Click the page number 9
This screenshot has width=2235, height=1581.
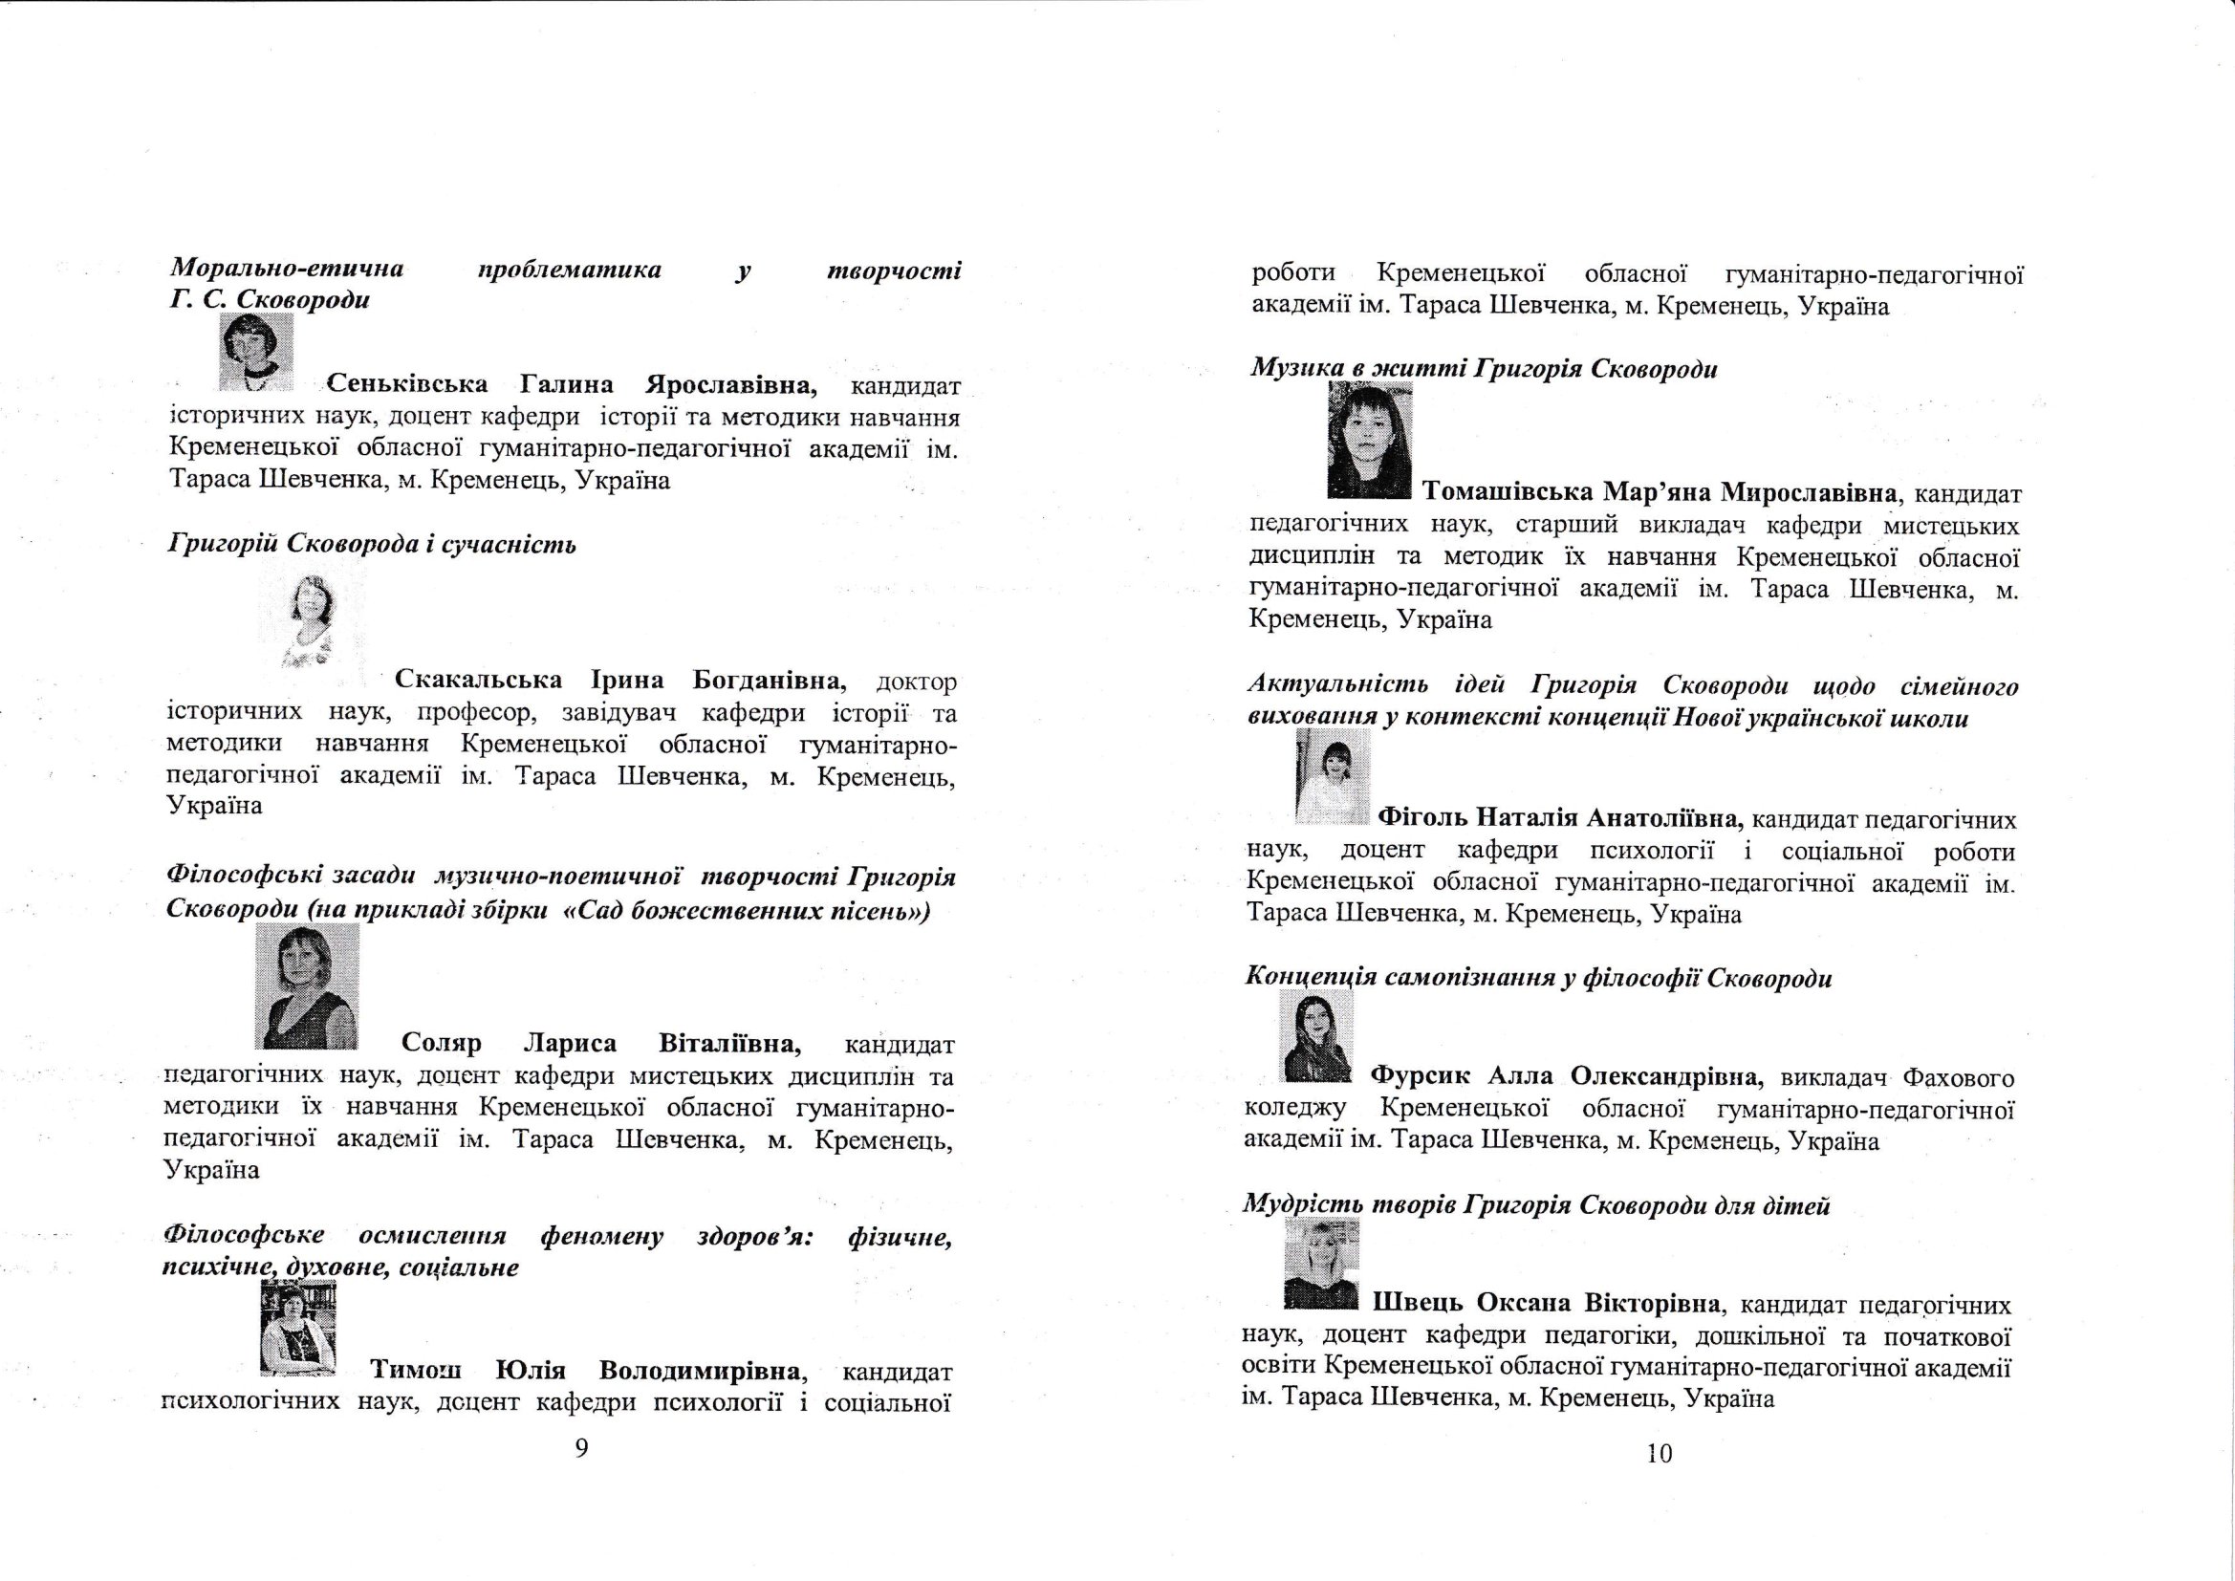point(581,1447)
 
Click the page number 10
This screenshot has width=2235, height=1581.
point(1659,1454)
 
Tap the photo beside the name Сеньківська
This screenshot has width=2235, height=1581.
point(256,352)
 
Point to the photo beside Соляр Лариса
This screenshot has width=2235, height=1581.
point(307,985)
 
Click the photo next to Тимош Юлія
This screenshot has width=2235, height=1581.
point(299,1328)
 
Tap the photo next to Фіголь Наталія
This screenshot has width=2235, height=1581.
point(1333,776)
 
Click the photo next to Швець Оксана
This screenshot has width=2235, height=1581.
point(1321,1262)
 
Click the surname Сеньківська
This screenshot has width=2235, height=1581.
point(407,383)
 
